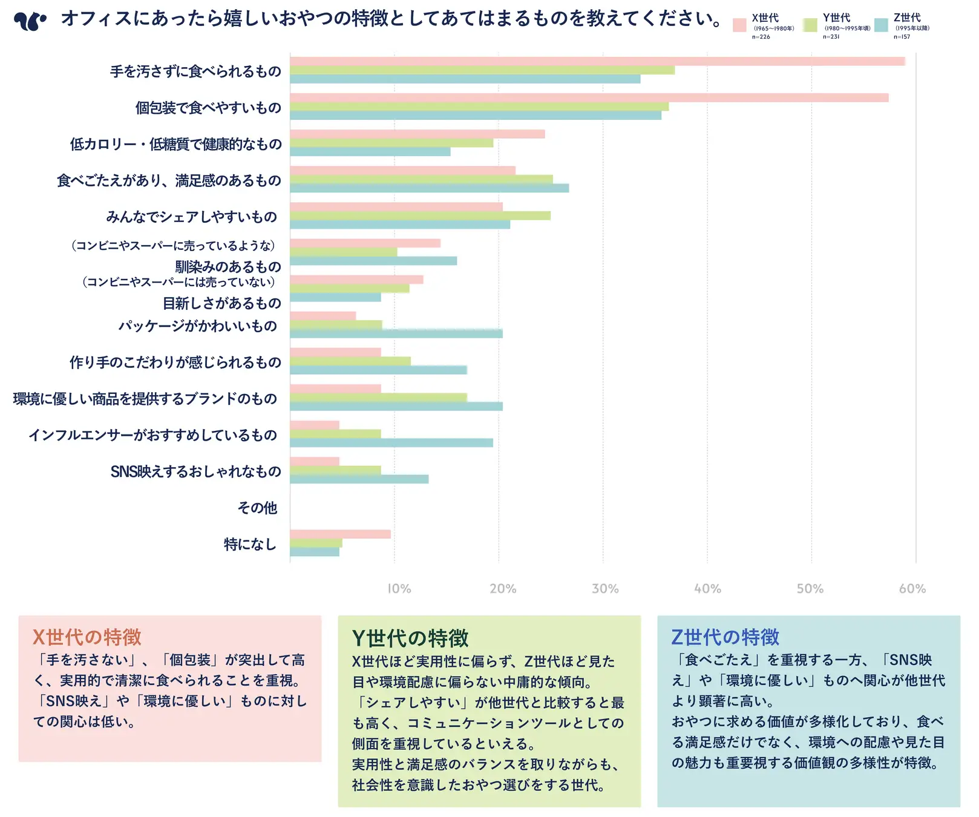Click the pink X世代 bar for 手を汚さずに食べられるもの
(597, 61)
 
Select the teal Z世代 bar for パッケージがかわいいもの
(396, 333)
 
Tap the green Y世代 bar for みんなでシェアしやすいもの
(420, 215)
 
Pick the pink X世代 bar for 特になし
(340, 534)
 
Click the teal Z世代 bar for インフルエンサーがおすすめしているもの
(391, 442)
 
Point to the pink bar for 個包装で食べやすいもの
(589, 97)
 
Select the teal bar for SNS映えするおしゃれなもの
(359, 479)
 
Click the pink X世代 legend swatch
(739, 25)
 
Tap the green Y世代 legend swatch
(810, 25)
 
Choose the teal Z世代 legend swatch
(881, 25)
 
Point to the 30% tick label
(605, 589)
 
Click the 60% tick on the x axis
(912, 589)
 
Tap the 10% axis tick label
(399, 589)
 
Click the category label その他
(257, 508)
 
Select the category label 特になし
(250, 544)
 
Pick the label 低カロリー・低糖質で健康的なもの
(175, 144)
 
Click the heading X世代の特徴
(87, 637)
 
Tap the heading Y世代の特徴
(410, 638)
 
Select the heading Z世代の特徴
(725, 637)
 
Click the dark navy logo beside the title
(30, 21)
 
